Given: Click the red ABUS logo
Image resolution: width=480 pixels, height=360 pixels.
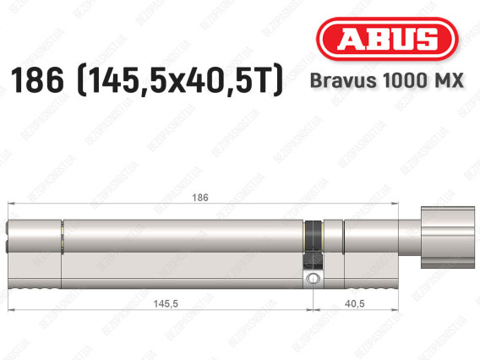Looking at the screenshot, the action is click(x=387, y=39).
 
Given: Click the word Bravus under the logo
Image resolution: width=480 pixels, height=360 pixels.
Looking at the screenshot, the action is click(x=343, y=80).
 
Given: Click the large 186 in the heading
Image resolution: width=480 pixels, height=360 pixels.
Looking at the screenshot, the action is click(x=37, y=80).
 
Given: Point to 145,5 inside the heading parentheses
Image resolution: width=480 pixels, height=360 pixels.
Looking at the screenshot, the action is click(x=127, y=81).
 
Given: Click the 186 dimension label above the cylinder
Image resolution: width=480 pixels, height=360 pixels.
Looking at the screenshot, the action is click(x=200, y=198).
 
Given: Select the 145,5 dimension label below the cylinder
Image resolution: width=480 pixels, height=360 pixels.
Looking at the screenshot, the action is click(x=166, y=303).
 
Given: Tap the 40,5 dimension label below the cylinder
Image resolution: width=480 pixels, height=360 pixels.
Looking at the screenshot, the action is click(x=354, y=303).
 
